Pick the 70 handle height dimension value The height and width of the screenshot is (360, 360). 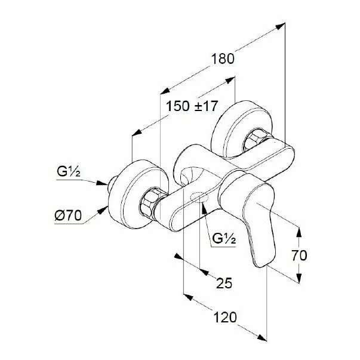pyautogui.click(x=299, y=255)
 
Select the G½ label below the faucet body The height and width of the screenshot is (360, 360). pyautogui.click(x=224, y=240)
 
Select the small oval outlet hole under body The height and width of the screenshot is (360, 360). pyautogui.click(x=199, y=198)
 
